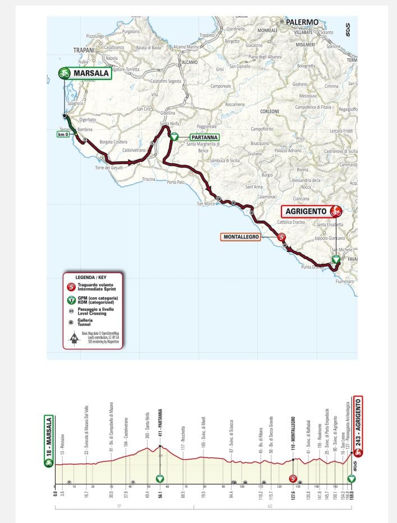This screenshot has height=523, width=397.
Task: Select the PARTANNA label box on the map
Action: pos(200,137)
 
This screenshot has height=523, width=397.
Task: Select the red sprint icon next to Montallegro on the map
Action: pos(281,237)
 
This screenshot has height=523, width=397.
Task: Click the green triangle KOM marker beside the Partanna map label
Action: pos(174,136)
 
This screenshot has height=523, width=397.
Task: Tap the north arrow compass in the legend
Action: pos(74,338)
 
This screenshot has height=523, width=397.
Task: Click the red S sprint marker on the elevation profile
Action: pos(293,478)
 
